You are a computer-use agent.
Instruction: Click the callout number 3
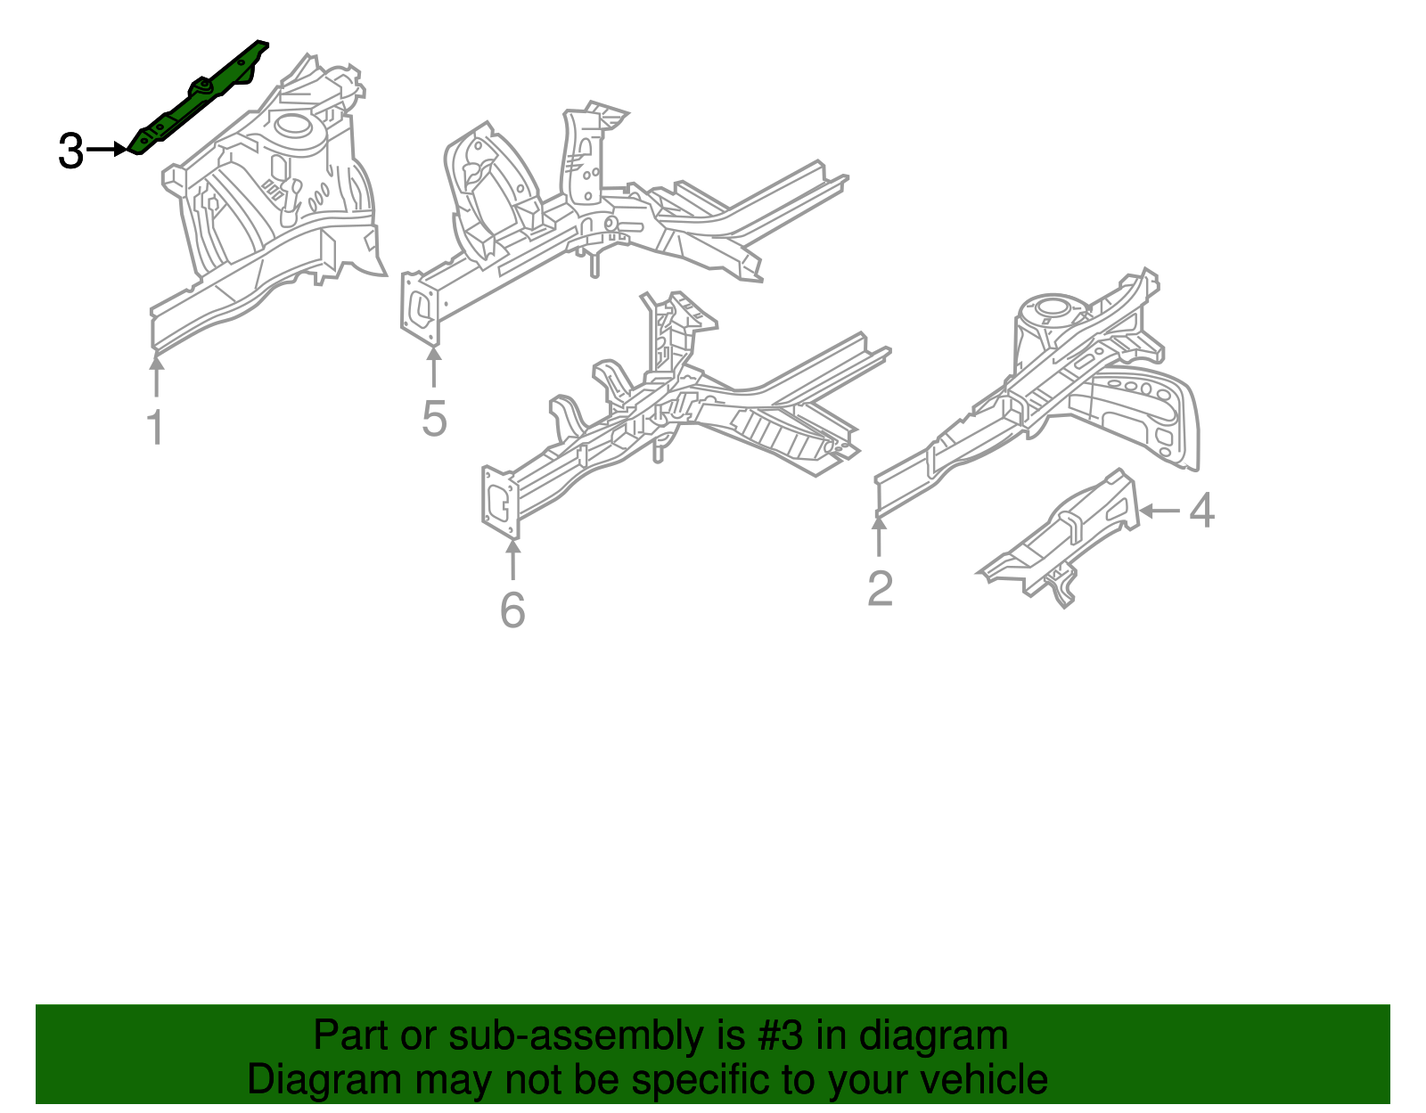click(x=70, y=151)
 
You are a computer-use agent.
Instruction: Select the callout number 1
click(x=155, y=428)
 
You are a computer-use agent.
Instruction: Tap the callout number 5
click(x=434, y=419)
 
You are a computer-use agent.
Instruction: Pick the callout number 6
click(x=512, y=610)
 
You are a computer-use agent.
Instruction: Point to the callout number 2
click(x=880, y=589)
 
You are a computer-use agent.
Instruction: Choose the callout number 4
click(x=1201, y=511)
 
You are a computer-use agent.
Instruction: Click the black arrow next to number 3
click(x=108, y=150)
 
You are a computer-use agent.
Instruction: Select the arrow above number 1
click(x=156, y=374)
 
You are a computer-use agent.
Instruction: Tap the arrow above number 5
click(x=434, y=367)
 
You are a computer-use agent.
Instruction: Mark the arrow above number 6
click(x=512, y=559)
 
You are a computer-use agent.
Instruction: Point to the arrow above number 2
click(x=880, y=536)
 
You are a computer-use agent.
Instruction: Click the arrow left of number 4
click(x=1160, y=511)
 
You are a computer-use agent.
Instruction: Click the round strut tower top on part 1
click(x=292, y=127)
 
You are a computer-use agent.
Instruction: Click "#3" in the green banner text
click(x=780, y=1036)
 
